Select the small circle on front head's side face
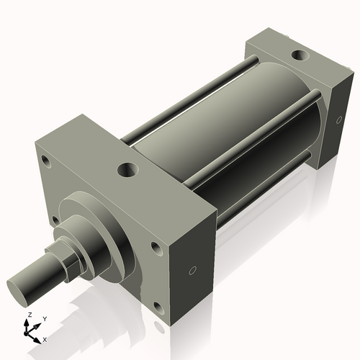click(192, 271)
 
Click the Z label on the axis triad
click(27, 315)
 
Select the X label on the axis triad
click(45, 338)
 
